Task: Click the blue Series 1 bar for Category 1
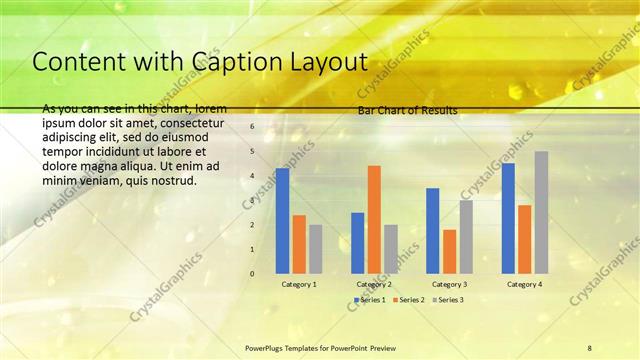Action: [282, 221]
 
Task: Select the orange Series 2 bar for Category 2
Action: [374, 219]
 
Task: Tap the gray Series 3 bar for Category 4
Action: [541, 212]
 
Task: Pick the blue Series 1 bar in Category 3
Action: [432, 231]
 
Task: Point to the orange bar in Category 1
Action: [299, 244]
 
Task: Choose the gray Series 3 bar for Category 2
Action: [390, 249]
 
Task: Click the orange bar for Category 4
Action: [524, 239]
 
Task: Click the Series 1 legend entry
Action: [373, 300]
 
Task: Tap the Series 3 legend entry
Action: [449, 300]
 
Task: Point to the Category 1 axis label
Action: [299, 284]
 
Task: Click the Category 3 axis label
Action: [449, 284]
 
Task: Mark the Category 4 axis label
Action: [524, 284]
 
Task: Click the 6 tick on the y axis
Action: [252, 127]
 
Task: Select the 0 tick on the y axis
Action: [252, 273]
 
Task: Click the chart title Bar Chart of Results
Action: [408, 111]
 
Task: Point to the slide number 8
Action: [590, 347]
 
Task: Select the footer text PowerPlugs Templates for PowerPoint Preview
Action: [320, 347]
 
